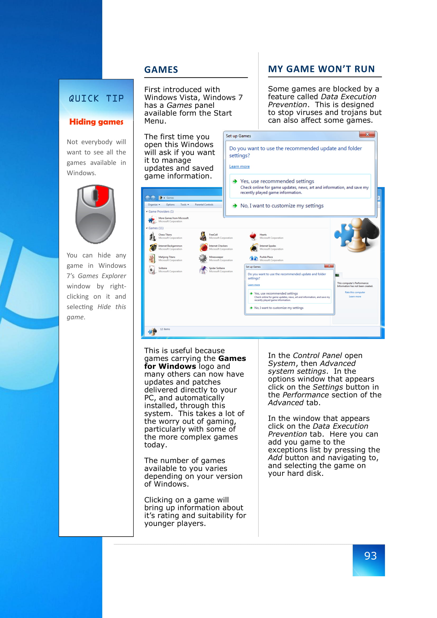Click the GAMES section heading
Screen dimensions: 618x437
coord(161,70)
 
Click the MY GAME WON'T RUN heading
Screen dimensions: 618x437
coord(321,69)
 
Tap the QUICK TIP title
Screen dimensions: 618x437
coord(96,99)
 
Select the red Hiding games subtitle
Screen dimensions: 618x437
coord(96,122)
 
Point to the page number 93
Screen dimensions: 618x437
coord(370,556)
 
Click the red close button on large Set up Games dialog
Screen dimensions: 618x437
coord(367,134)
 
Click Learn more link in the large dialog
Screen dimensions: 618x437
coord(239,167)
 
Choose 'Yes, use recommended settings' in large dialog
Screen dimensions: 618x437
coord(277,182)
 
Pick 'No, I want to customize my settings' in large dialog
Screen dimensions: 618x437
coord(281,206)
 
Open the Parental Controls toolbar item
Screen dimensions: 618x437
coord(204,205)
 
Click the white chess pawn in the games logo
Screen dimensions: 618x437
coord(356,235)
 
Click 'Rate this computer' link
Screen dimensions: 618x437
coord(355,292)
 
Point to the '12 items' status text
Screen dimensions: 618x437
coord(165,329)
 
